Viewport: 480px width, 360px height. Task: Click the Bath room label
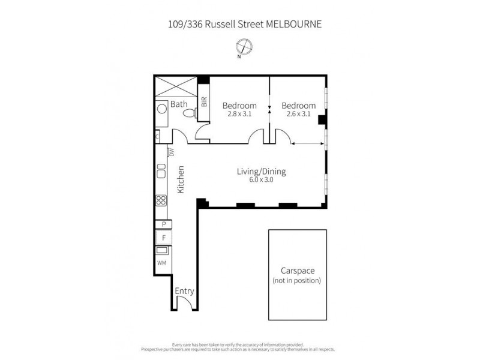click(x=179, y=104)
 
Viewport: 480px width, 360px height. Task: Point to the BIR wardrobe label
click(x=204, y=101)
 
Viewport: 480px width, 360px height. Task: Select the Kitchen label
click(x=180, y=179)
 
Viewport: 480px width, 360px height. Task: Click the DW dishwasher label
click(x=170, y=152)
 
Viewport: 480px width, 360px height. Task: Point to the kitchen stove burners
click(x=161, y=201)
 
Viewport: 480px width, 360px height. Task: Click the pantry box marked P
click(x=163, y=224)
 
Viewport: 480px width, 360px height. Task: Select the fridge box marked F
click(x=163, y=238)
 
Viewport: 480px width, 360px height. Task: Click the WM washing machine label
click(x=161, y=263)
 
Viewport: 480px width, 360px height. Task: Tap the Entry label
click(x=184, y=292)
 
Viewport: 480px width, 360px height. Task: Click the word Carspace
click(x=297, y=271)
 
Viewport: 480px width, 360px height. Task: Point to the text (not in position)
click(x=297, y=280)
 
